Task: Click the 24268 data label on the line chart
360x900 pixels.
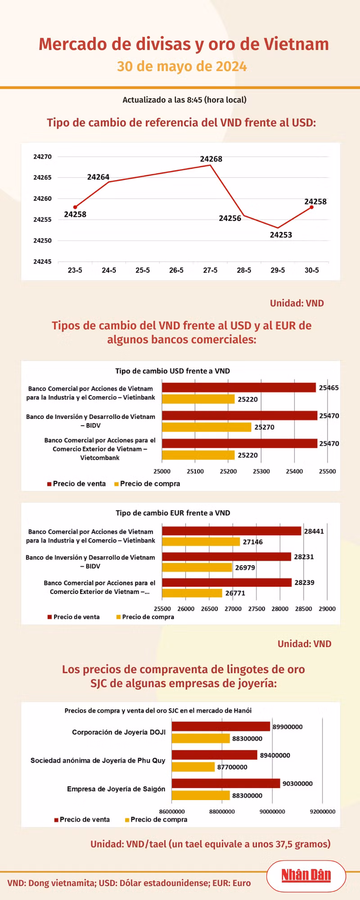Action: click(x=211, y=159)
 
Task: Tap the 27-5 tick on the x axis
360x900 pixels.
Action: click(x=210, y=270)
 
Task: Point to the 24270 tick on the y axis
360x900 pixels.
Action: click(x=42, y=157)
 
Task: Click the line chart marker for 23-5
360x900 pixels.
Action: click(x=75, y=207)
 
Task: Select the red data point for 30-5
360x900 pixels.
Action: click(x=311, y=207)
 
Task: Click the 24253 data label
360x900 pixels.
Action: click(x=281, y=235)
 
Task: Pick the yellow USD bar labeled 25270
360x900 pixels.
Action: click(x=207, y=427)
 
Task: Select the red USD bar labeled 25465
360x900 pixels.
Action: click(x=239, y=387)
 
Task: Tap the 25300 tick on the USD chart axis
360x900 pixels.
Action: click(x=261, y=472)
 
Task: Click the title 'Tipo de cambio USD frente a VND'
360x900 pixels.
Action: click(x=172, y=371)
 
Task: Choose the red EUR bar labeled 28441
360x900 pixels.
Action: click(x=232, y=531)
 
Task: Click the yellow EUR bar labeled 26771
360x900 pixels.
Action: click(x=192, y=593)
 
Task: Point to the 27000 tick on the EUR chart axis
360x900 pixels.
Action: click(x=233, y=609)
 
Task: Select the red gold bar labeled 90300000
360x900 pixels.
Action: click(x=226, y=783)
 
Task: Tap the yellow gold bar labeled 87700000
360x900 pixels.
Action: click(x=193, y=767)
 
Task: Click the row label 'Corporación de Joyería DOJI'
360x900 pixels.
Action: click(x=119, y=732)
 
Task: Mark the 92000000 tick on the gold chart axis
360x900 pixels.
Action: click(x=323, y=812)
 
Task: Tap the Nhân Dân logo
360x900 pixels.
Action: click(x=306, y=876)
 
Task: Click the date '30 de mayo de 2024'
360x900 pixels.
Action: click(x=182, y=67)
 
